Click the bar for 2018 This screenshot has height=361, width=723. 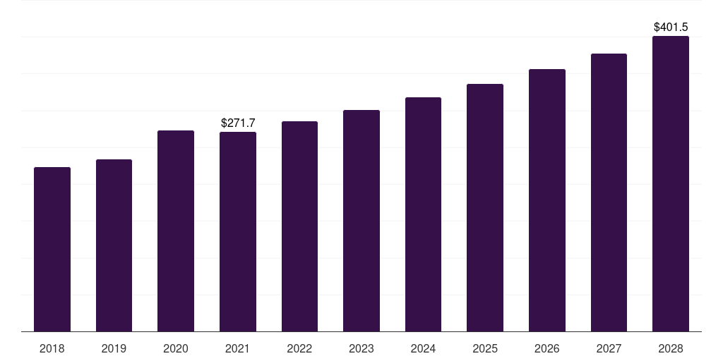52,250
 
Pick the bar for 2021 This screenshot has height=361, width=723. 238,232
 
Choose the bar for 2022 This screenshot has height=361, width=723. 299,226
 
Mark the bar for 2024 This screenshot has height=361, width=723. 423,214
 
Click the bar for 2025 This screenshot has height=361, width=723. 485,208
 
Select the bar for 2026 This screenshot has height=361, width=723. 547,200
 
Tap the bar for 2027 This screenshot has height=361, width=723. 609,192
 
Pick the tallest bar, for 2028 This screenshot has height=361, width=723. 671,184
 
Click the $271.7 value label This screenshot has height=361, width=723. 238,123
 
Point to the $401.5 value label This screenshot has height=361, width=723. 671,27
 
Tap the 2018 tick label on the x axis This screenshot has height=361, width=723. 52,348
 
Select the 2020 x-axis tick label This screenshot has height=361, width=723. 176,348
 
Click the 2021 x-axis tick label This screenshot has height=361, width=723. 238,348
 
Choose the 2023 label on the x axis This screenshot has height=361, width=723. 361,348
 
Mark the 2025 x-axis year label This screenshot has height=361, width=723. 485,348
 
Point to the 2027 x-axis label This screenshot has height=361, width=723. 609,348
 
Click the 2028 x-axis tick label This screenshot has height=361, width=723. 671,348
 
